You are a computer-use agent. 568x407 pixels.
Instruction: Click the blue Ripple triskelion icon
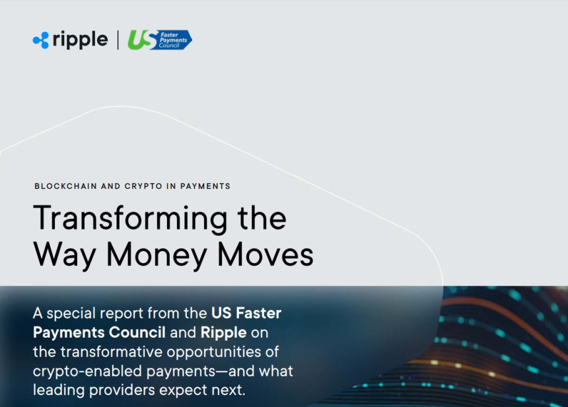click(x=41, y=40)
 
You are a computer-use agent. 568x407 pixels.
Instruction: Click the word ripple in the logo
click(x=80, y=40)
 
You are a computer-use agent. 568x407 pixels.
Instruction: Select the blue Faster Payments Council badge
click(x=173, y=40)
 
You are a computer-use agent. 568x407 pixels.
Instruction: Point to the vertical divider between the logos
click(x=118, y=40)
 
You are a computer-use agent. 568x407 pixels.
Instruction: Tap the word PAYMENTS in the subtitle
click(x=205, y=186)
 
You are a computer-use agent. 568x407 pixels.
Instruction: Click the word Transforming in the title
click(x=130, y=219)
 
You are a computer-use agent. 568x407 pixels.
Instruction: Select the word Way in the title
click(x=65, y=256)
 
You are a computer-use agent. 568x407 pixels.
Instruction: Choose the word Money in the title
click(x=157, y=256)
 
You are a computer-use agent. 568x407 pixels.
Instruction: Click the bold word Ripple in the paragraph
click(x=223, y=333)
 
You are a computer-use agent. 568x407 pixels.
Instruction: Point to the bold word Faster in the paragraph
click(x=259, y=313)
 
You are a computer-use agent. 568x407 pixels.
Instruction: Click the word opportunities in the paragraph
click(x=223, y=353)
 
